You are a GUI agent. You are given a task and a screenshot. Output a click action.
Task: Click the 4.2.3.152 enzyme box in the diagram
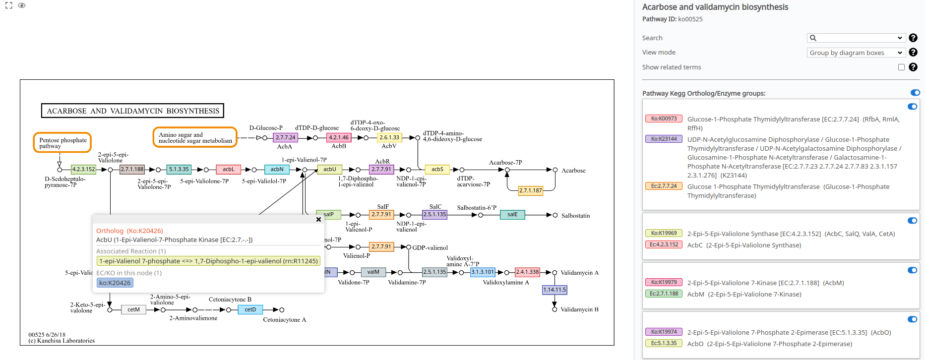[83, 170]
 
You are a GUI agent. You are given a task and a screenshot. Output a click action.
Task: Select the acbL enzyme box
[228, 170]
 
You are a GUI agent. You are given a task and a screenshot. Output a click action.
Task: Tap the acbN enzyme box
[277, 170]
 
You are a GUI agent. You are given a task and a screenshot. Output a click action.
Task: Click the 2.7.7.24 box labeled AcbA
[285, 138]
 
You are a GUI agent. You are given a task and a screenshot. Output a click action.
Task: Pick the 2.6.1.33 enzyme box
[389, 138]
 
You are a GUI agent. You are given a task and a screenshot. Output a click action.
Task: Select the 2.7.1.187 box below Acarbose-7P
[530, 190]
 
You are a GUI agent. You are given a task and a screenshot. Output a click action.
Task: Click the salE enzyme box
[512, 215]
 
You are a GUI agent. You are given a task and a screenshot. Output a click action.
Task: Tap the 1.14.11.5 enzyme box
[555, 290]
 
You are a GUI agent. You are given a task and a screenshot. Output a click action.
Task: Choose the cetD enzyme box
[250, 310]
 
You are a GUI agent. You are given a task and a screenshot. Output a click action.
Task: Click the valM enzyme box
[373, 272]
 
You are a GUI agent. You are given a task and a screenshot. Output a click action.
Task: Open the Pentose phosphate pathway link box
[62, 143]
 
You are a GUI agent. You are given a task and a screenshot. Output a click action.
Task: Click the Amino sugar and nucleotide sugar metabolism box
[195, 138]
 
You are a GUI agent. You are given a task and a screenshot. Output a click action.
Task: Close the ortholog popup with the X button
[318, 219]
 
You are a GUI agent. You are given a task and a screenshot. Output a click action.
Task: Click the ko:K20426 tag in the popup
[115, 283]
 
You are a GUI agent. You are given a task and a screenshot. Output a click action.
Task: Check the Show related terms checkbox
[901, 67]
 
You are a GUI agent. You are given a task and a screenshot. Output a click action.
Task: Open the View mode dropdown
[856, 53]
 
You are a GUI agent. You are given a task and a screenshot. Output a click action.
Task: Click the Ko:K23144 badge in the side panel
[664, 139]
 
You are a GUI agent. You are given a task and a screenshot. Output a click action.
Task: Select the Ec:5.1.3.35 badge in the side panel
[664, 343]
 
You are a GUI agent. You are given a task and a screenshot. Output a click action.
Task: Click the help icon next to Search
[913, 38]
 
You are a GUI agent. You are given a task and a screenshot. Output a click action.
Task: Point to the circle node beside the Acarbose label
[555, 170]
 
